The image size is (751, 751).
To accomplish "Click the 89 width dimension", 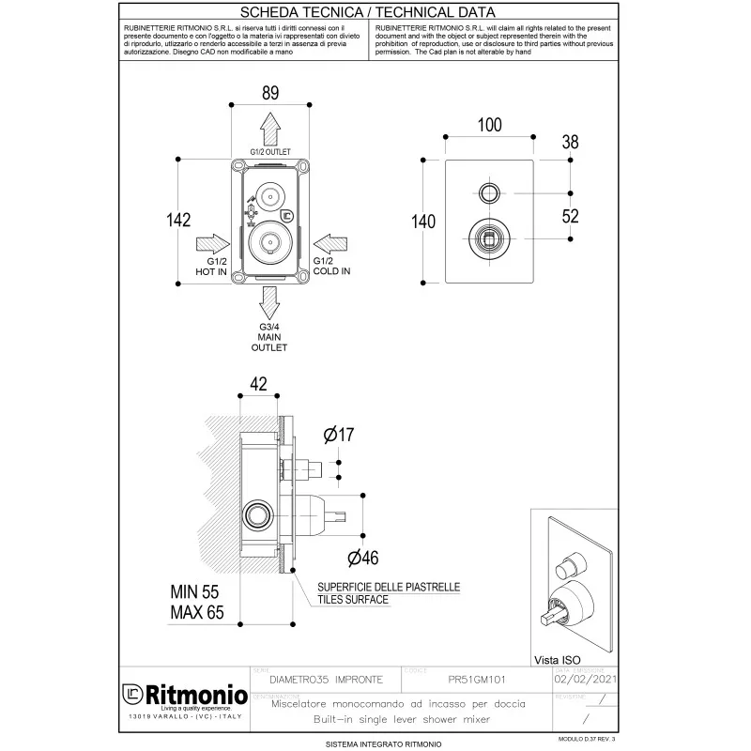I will click(269, 92).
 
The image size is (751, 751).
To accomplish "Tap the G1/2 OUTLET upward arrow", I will click(269, 126).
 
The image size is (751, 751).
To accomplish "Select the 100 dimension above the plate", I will click(489, 126).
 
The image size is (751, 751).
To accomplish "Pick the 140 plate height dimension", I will click(423, 222).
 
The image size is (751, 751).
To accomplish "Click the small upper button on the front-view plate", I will click(489, 194).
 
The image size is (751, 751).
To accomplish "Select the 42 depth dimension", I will click(260, 382).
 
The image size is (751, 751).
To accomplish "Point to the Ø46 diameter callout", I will click(362, 558).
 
